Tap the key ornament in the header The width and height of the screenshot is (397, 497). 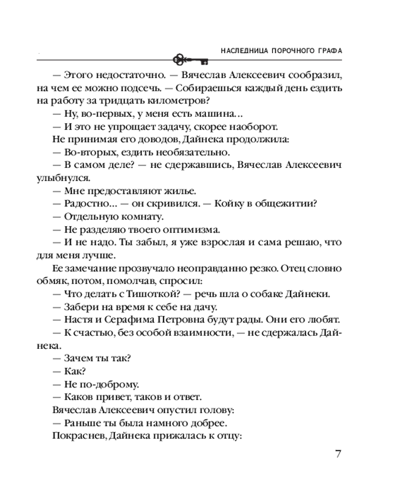(x=191, y=60)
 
